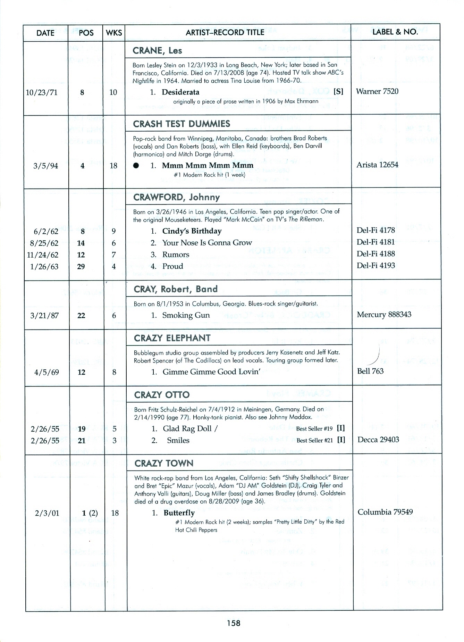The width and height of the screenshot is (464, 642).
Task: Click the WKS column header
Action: click(x=114, y=33)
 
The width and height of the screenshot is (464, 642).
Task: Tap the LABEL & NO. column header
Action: click(x=395, y=32)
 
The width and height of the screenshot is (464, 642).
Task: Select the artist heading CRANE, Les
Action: click(x=157, y=51)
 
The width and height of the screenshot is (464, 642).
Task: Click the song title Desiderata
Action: click(x=180, y=92)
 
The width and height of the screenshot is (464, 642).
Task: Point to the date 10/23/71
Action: click(x=42, y=92)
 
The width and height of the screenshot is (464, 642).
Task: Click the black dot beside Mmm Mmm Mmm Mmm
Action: click(x=136, y=166)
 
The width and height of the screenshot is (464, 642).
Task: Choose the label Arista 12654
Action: click(x=377, y=165)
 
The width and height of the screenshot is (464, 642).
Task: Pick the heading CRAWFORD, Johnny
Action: click(x=177, y=197)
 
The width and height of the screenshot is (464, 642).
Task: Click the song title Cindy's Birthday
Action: click(x=192, y=231)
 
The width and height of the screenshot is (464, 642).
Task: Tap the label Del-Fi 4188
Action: click(x=376, y=254)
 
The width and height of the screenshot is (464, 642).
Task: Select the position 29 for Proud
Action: click(x=81, y=267)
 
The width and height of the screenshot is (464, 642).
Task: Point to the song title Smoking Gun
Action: click(x=186, y=315)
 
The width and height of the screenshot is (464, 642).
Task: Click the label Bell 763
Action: click(x=370, y=371)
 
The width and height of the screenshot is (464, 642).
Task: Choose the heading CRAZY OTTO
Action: click(x=162, y=395)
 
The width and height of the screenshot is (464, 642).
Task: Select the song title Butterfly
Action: click(x=179, y=513)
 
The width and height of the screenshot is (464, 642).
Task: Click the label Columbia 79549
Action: click(x=385, y=512)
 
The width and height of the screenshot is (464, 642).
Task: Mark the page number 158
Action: click(x=234, y=623)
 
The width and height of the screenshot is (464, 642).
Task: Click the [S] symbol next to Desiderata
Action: click(x=338, y=92)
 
